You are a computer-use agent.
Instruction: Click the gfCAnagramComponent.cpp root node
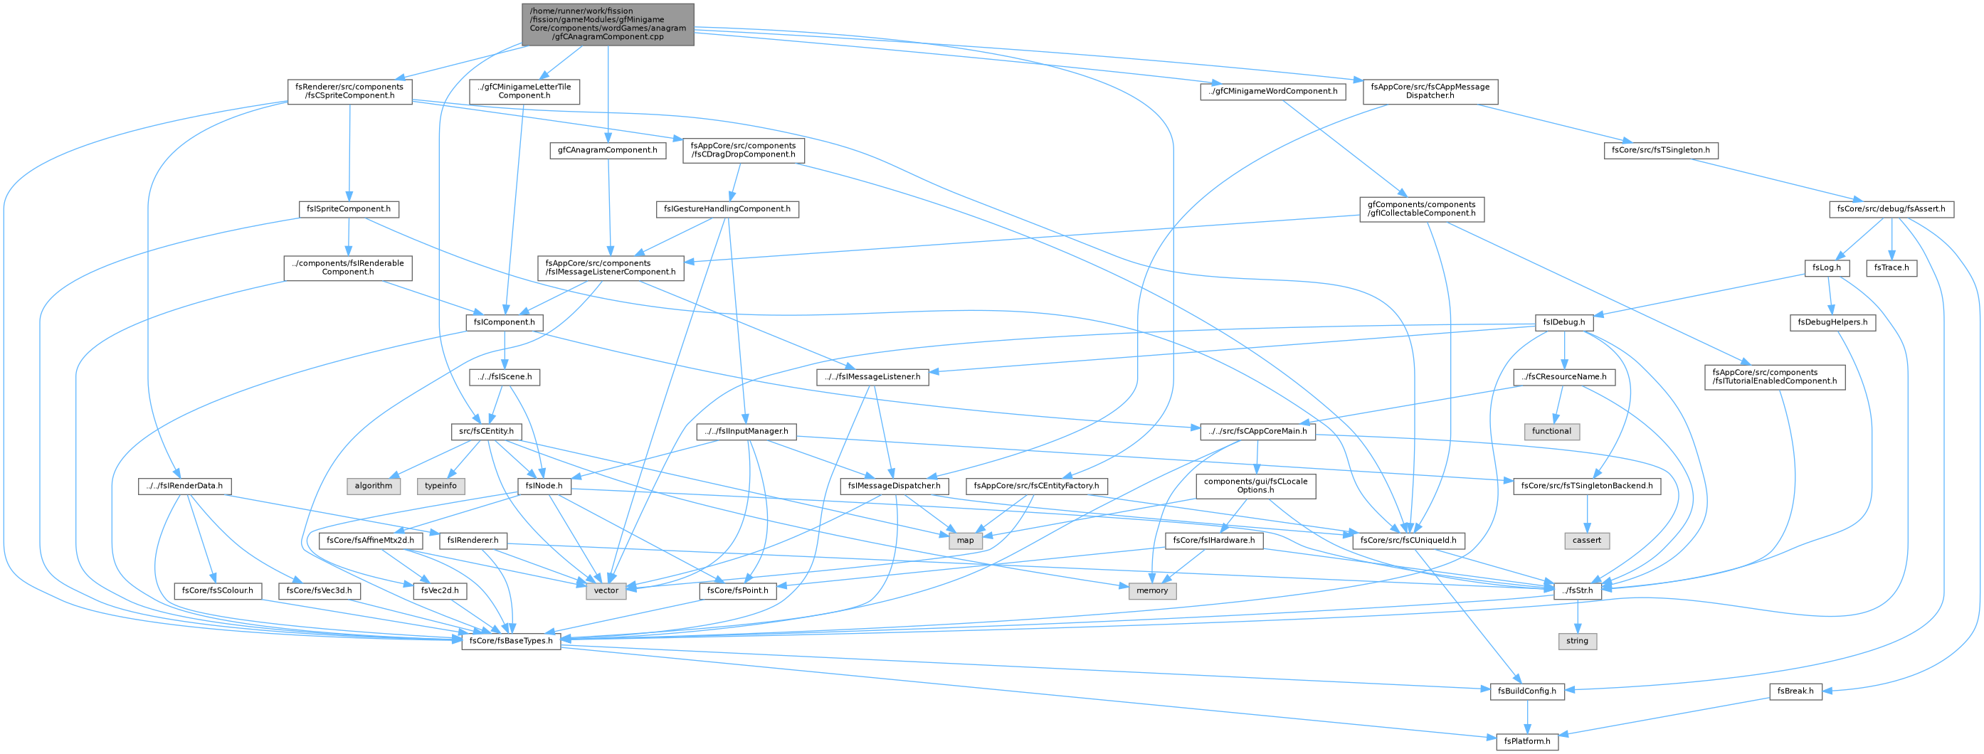point(608,25)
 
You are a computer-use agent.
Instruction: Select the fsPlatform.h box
point(1527,741)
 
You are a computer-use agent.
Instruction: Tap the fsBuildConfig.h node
point(1526,691)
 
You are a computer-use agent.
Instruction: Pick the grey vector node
point(606,590)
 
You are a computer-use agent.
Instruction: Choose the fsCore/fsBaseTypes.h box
point(512,641)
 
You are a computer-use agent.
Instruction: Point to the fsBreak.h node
point(1795,691)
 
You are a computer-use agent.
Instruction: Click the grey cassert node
point(1587,541)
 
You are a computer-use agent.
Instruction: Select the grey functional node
point(1551,431)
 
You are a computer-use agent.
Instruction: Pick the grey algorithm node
point(374,486)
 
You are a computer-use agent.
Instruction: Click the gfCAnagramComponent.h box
point(608,150)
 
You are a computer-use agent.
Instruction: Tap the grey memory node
point(1152,590)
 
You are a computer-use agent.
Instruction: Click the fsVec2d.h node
point(440,590)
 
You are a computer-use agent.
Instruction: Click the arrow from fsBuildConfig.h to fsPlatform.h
point(1527,716)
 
